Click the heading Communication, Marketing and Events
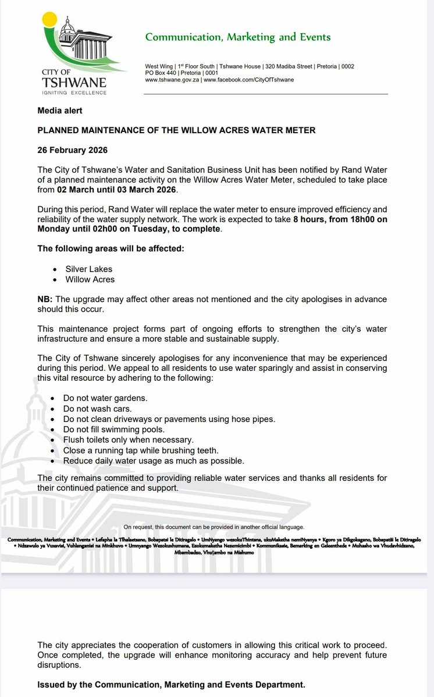point(237,37)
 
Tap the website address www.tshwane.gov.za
point(172,79)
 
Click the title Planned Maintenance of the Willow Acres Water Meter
point(176,130)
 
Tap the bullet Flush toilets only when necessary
point(128,439)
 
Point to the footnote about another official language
point(214,527)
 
